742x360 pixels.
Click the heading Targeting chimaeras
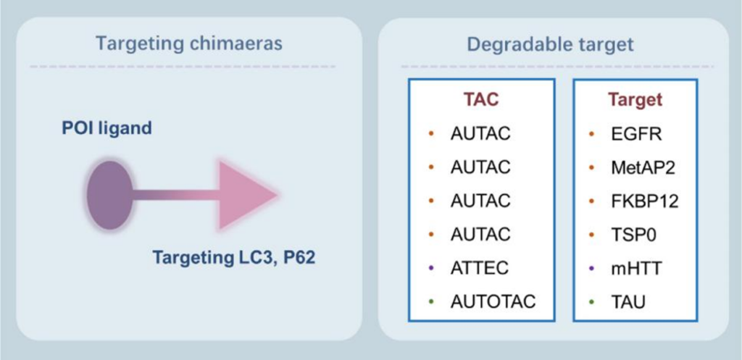click(189, 43)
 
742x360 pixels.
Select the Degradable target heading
click(550, 43)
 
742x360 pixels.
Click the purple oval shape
click(109, 196)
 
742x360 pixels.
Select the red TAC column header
click(481, 100)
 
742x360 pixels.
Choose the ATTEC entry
click(479, 268)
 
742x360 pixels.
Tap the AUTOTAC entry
click(493, 301)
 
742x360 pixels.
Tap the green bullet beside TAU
click(593, 301)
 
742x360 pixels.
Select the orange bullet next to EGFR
click(593, 134)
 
